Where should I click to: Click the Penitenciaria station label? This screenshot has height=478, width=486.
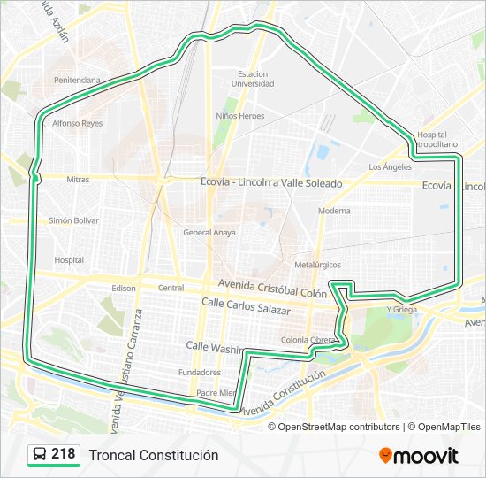coord(77,80)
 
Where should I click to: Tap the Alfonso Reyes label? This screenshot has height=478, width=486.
coord(78,124)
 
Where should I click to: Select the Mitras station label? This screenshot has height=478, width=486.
coord(78,180)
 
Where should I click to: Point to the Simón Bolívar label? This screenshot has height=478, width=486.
coord(73,220)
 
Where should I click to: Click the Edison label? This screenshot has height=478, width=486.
coord(124,288)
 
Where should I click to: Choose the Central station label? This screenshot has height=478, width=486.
coord(171,288)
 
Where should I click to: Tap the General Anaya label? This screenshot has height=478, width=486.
coord(209,233)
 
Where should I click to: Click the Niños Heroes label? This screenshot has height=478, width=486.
coord(240,116)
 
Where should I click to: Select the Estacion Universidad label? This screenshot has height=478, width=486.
coord(253,79)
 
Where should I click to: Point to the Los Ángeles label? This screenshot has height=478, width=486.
coord(390,166)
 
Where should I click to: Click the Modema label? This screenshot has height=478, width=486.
coord(334,211)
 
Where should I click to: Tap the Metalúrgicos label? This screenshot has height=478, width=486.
coord(317,265)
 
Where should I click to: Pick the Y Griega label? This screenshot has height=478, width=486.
coord(401,309)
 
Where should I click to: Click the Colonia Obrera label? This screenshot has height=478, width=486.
coord(308,340)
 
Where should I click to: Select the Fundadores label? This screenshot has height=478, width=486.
coord(199,372)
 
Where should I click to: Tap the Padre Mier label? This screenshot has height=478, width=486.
coord(216,393)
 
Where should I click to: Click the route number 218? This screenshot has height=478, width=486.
coord(63,454)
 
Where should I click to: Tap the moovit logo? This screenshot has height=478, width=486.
coord(419,456)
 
